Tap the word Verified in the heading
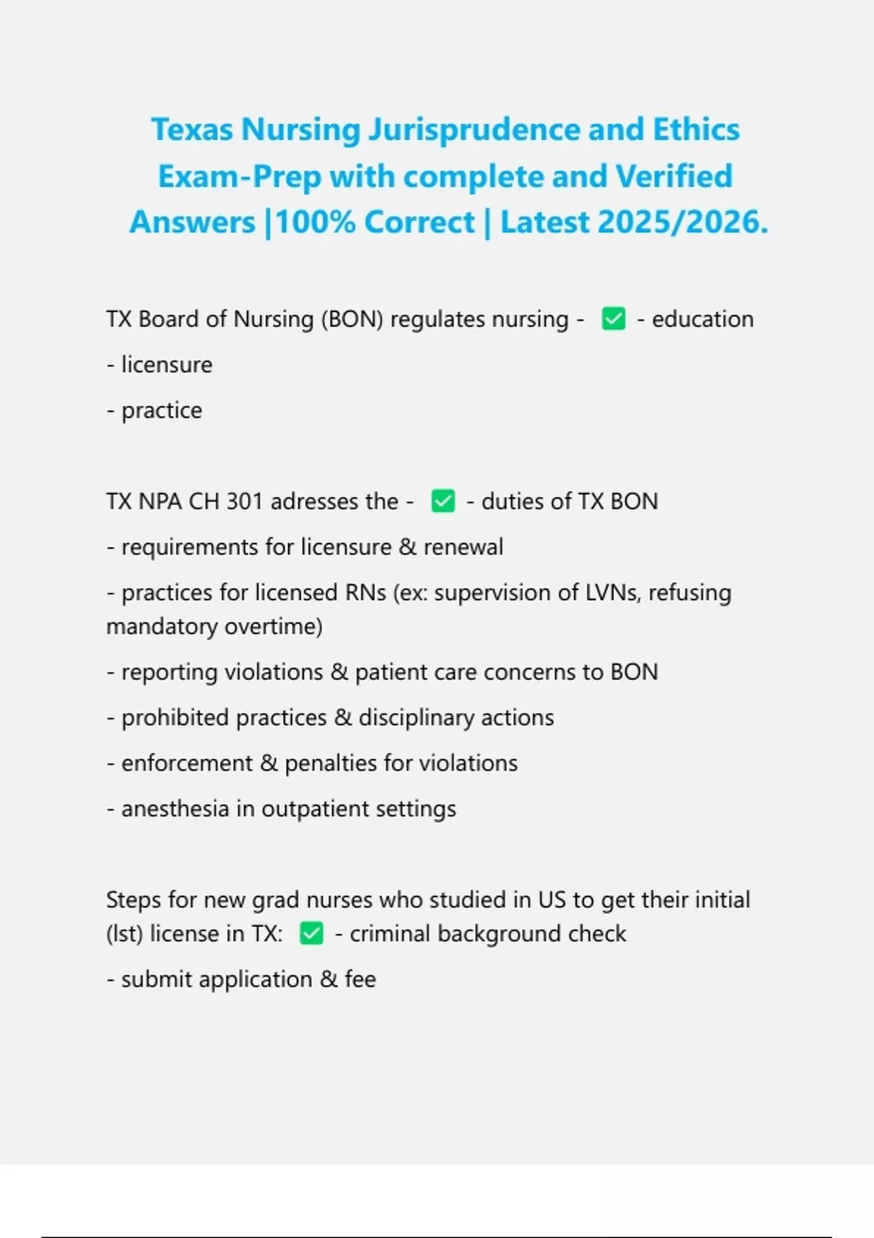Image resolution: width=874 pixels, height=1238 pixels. [674, 176]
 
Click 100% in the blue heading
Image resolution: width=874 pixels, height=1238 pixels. [315, 222]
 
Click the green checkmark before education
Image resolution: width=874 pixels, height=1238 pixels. [613, 319]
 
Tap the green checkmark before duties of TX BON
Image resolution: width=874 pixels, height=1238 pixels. [443, 501]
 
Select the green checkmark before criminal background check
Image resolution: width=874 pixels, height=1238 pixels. [311, 934]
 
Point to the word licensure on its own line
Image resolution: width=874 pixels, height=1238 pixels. [167, 364]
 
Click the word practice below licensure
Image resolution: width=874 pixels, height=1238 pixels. [162, 410]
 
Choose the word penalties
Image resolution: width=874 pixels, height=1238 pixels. [331, 763]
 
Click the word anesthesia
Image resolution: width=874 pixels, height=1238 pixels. [175, 808]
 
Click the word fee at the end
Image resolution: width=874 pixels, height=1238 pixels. [361, 979]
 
